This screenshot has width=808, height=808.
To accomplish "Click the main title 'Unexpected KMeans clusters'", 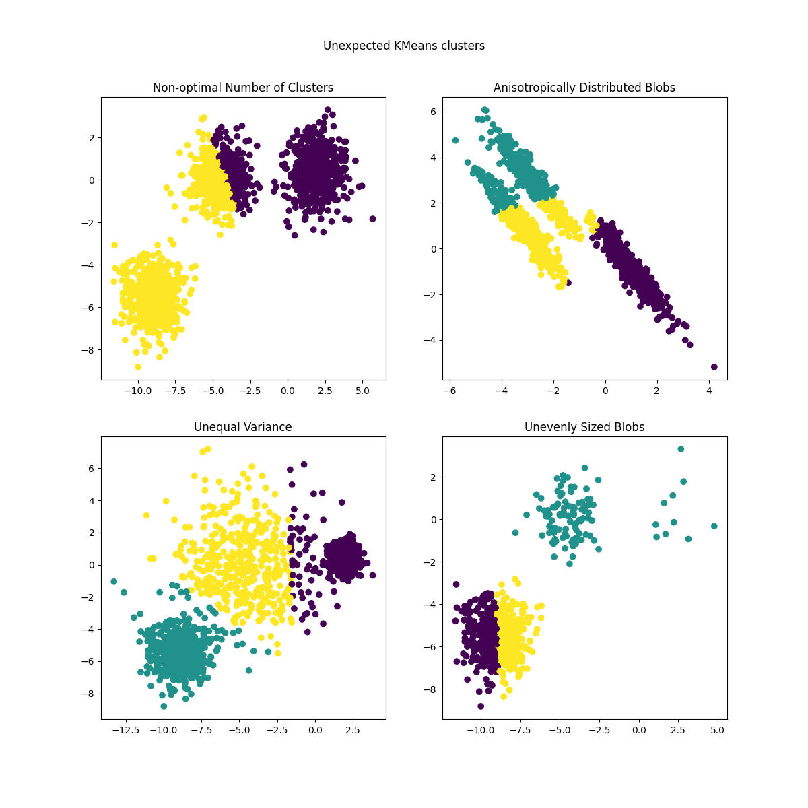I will click(x=404, y=46).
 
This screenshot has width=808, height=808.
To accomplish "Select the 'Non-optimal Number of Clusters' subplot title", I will click(x=243, y=88).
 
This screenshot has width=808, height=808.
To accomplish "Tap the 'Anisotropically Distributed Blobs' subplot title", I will click(x=584, y=88).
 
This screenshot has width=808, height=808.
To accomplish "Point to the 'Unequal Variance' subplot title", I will click(x=243, y=427).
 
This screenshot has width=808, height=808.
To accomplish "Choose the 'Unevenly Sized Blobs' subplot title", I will click(x=584, y=427).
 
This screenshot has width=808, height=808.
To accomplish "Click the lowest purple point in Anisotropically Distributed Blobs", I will click(x=714, y=367).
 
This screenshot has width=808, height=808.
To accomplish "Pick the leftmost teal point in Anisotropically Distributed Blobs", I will click(x=455, y=140).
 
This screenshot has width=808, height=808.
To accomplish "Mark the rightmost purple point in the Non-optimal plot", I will click(x=372, y=219).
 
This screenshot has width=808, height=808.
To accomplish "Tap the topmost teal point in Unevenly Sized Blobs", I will click(x=681, y=449).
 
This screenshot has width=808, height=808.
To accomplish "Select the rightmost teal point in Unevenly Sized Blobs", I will click(x=714, y=526).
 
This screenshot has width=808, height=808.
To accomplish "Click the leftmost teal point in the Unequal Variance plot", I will click(x=114, y=581).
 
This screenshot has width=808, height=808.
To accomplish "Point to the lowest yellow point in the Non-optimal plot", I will click(x=138, y=367).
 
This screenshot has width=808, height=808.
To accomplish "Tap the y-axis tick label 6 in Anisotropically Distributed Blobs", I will click(x=434, y=112).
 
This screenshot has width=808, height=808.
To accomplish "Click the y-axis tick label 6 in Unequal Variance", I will click(x=92, y=468).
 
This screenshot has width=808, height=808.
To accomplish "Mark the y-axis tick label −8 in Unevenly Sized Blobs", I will click(x=430, y=689).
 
